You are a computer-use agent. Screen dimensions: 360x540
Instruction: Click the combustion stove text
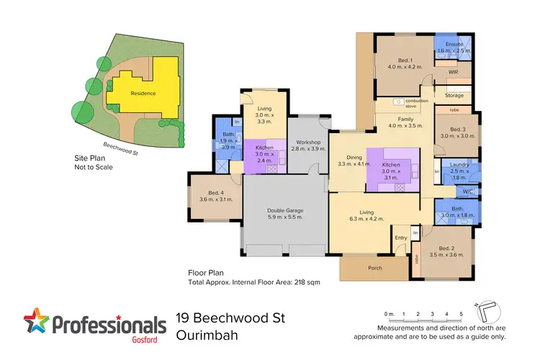(416, 103)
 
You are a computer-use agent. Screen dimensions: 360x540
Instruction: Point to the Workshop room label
(305, 145)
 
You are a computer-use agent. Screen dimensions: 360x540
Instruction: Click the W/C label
(468, 192)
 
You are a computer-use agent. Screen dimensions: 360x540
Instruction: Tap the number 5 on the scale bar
(461, 315)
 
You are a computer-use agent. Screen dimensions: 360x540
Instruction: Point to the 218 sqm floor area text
(307, 282)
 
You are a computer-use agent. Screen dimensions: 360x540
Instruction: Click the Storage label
(454, 95)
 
